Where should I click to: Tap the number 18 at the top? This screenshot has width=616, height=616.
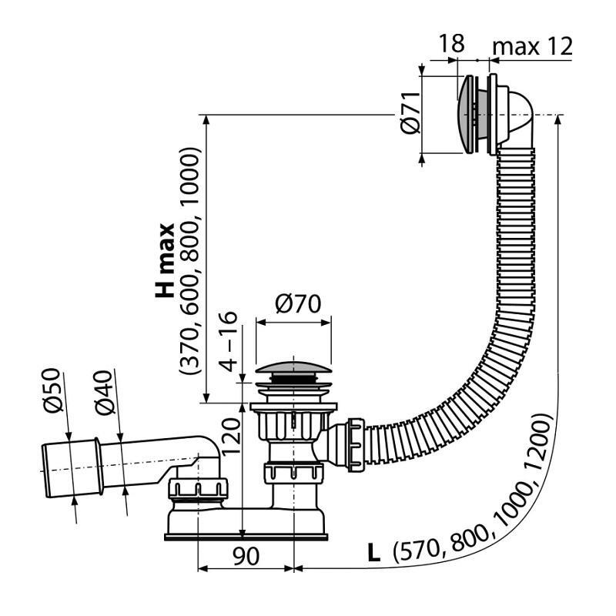(451, 44)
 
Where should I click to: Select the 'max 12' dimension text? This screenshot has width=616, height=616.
(532, 45)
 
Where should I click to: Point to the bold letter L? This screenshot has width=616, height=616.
(375, 552)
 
